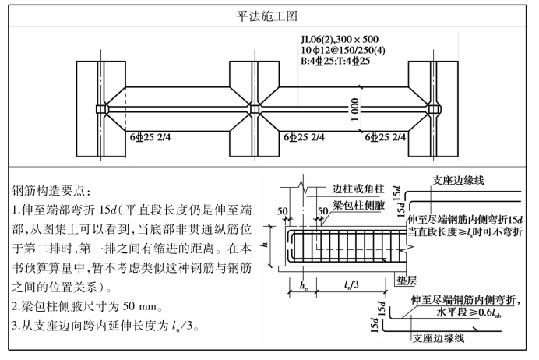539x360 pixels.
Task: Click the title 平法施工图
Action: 269,15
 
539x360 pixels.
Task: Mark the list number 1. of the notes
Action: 17,210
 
